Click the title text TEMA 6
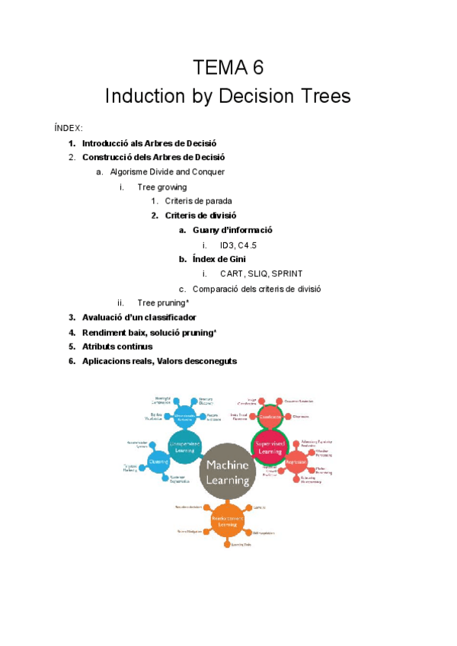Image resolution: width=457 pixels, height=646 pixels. [228, 68]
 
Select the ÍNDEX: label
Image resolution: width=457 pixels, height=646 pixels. [69, 128]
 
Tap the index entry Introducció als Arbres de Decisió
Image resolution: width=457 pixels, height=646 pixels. [149, 143]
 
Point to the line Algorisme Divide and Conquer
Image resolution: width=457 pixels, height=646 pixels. [167, 172]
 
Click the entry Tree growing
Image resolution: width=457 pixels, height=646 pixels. [161, 187]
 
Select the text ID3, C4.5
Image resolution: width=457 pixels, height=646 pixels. [238, 245]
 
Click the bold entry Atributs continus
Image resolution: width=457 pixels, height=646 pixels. [117, 347]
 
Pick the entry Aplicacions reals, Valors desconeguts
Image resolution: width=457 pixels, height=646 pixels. [159, 361]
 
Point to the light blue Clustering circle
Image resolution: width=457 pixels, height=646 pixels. [158, 462]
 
